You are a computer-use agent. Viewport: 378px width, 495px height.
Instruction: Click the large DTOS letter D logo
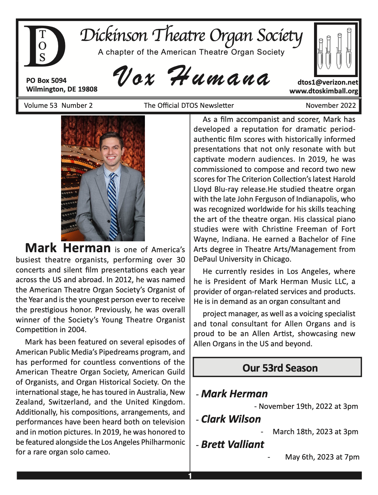[44, 46]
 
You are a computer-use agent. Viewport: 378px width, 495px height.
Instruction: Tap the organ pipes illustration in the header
[336, 49]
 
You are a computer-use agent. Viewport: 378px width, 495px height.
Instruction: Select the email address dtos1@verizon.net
[328, 82]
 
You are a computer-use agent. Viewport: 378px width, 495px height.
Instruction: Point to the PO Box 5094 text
[46, 80]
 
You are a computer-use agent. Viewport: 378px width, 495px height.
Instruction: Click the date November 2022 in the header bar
[331, 106]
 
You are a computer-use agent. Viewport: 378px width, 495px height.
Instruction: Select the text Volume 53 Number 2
[58, 106]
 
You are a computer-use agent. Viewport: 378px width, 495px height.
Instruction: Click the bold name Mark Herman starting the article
[68, 248]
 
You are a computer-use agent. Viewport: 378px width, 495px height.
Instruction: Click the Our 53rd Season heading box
[277, 368]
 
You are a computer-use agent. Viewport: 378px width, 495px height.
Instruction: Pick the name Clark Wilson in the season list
[231, 419]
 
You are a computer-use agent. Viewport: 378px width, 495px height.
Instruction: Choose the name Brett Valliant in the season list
[232, 444]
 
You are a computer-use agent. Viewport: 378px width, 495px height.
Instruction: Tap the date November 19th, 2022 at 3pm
[308, 406]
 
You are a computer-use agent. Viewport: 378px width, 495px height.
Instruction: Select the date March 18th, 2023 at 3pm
[315, 432]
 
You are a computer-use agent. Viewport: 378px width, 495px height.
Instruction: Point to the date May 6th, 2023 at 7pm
[322, 457]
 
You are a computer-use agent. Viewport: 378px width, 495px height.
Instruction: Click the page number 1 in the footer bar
[190, 476]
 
